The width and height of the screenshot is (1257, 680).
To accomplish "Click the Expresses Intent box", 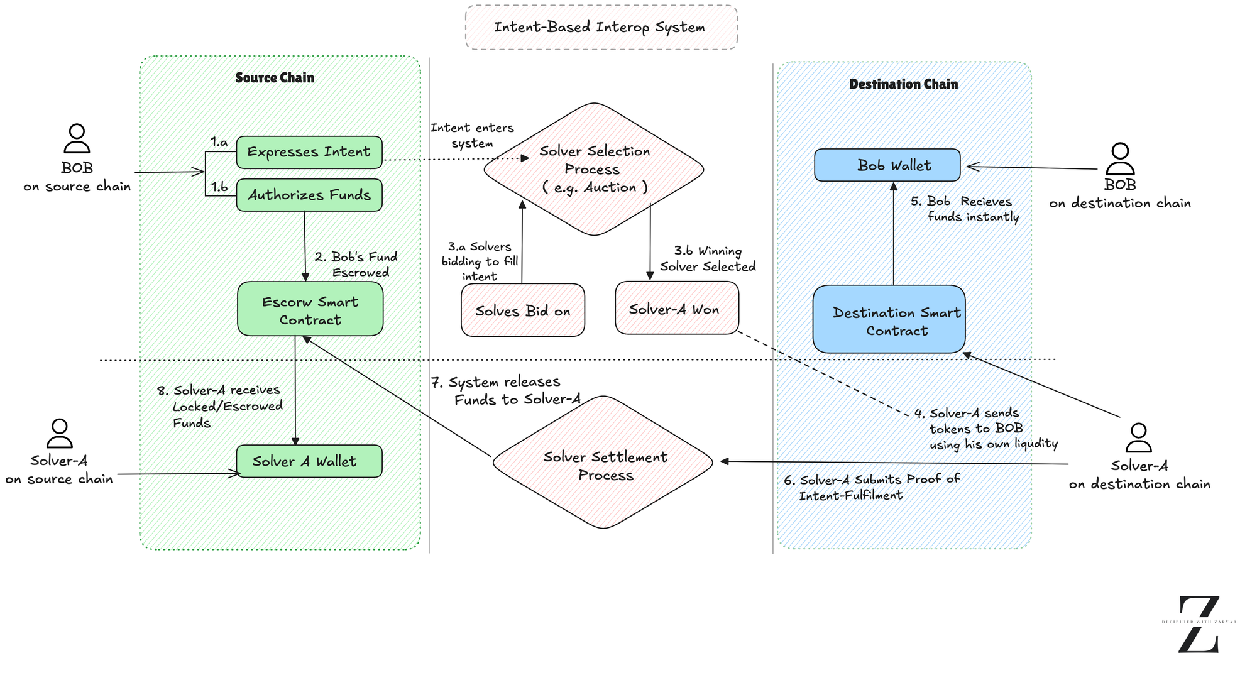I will pyautogui.click(x=309, y=152).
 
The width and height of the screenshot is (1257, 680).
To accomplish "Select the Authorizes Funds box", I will pyautogui.click(x=309, y=195).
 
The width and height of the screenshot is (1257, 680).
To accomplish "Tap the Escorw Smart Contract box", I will pyautogui.click(x=310, y=309).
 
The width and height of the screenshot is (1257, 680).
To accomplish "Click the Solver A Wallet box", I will pyautogui.click(x=309, y=461).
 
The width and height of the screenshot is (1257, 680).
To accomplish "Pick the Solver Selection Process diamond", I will pyautogui.click(x=593, y=169).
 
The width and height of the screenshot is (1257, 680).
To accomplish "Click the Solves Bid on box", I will pyautogui.click(x=522, y=310).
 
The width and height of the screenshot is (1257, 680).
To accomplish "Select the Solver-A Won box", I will pyautogui.click(x=676, y=308).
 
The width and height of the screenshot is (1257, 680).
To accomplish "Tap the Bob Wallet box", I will pyautogui.click(x=887, y=165).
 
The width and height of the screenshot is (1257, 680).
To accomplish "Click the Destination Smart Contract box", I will pyautogui.click(x=889, y=319).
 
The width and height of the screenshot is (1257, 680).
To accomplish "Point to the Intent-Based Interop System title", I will pyautogui.click(x=600, y=28).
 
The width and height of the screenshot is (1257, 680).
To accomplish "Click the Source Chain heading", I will pyautogui.click(x=275, y=78).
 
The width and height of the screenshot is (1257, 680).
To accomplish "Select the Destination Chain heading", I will pyautogui.click(x=903, y=84).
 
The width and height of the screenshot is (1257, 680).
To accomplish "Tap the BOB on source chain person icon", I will pyautogui.click(x=77, y=139).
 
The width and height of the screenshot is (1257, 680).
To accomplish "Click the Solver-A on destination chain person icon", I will pyautogui.click(x=1138, y=438).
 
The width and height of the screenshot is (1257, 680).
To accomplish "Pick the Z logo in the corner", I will pyautogui.click(x=1199, y=624).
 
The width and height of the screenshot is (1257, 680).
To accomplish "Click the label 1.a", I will pyautogui.click(x=219, y=142).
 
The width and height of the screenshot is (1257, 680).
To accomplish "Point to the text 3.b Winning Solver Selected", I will pyautogui.click(x=708, y=259).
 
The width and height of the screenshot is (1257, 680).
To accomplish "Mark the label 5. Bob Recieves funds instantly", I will pyautogui.click(x=965, y=209).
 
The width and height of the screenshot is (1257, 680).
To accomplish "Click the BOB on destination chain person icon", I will pyautogui.click(x=1119, y=159).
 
